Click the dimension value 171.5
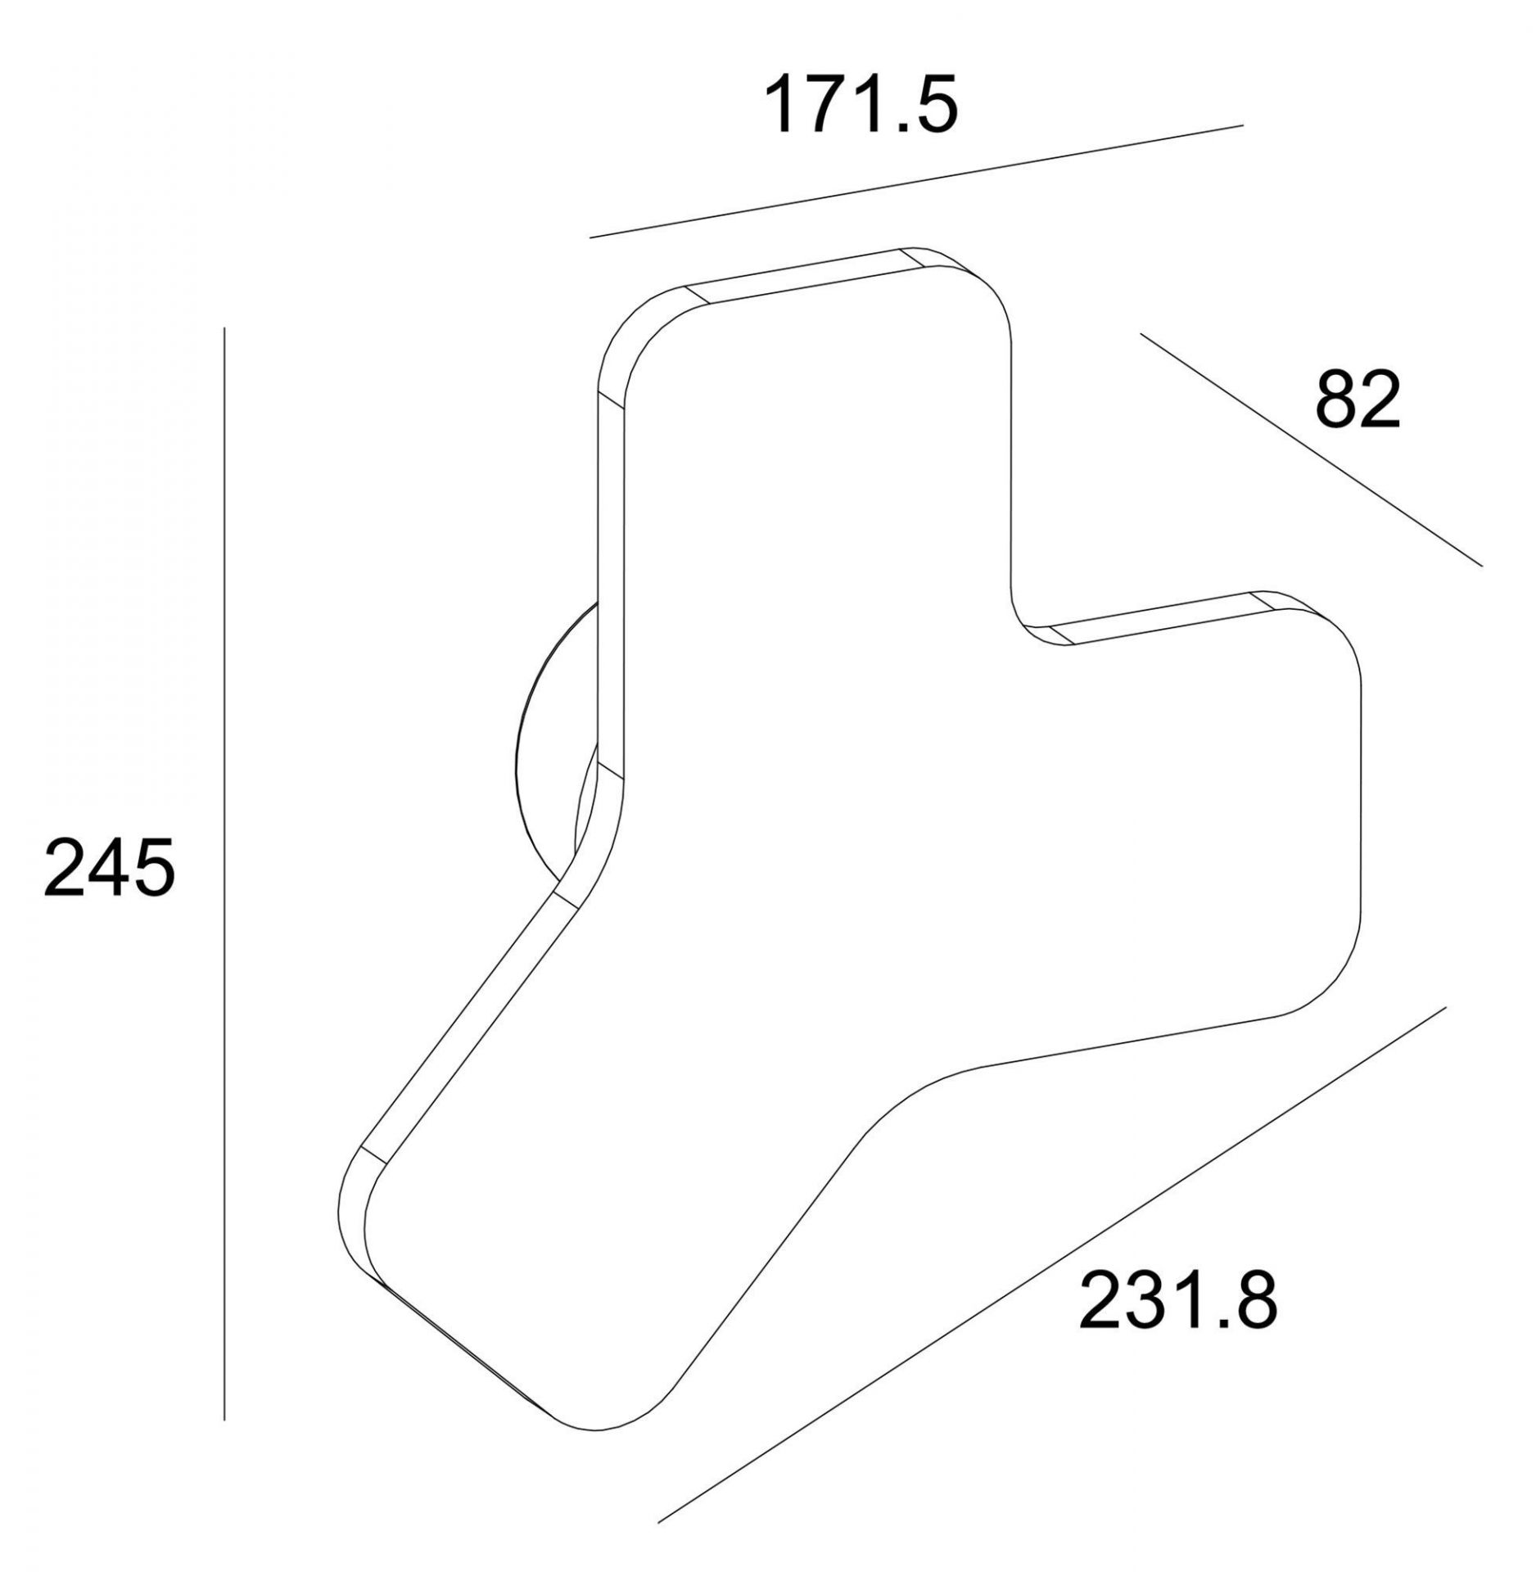coord(860,105)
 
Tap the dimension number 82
coord(1358,401)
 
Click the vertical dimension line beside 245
coord(224,833)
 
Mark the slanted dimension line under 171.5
coord(916,181)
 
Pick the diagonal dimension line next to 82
coord(1311,449)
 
